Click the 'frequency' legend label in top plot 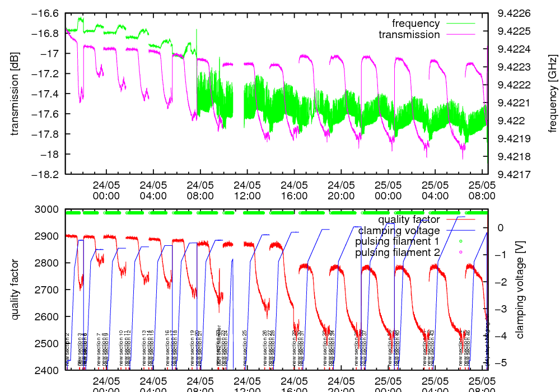(416, 24)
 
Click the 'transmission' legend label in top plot (409, 35)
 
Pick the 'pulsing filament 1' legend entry (397, 241)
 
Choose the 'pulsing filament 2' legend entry (397, 253)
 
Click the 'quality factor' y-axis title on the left (15, 290)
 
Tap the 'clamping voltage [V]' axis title (520, 290)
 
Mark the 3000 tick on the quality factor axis (50, 209)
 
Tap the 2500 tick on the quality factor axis (50, 343)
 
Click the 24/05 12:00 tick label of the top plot (248, 190)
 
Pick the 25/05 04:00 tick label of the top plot (436, 190)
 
